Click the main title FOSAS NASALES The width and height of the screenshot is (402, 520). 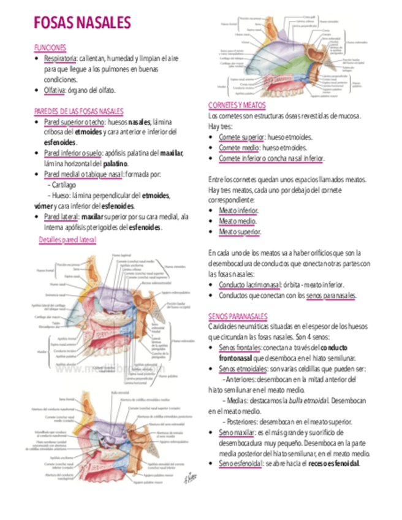(82, 23)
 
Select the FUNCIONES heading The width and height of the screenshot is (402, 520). (50, 48)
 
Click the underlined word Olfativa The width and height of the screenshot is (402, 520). (55, 91)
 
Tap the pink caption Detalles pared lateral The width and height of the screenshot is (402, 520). (67, 240)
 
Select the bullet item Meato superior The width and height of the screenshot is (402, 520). (240, 232)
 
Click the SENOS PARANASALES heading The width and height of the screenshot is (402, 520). (238, 316)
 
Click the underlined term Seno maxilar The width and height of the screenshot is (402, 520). (236, 432)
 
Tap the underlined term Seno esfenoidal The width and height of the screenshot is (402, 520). (241, 464)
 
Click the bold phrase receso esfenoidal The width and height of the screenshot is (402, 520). (334, 464)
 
